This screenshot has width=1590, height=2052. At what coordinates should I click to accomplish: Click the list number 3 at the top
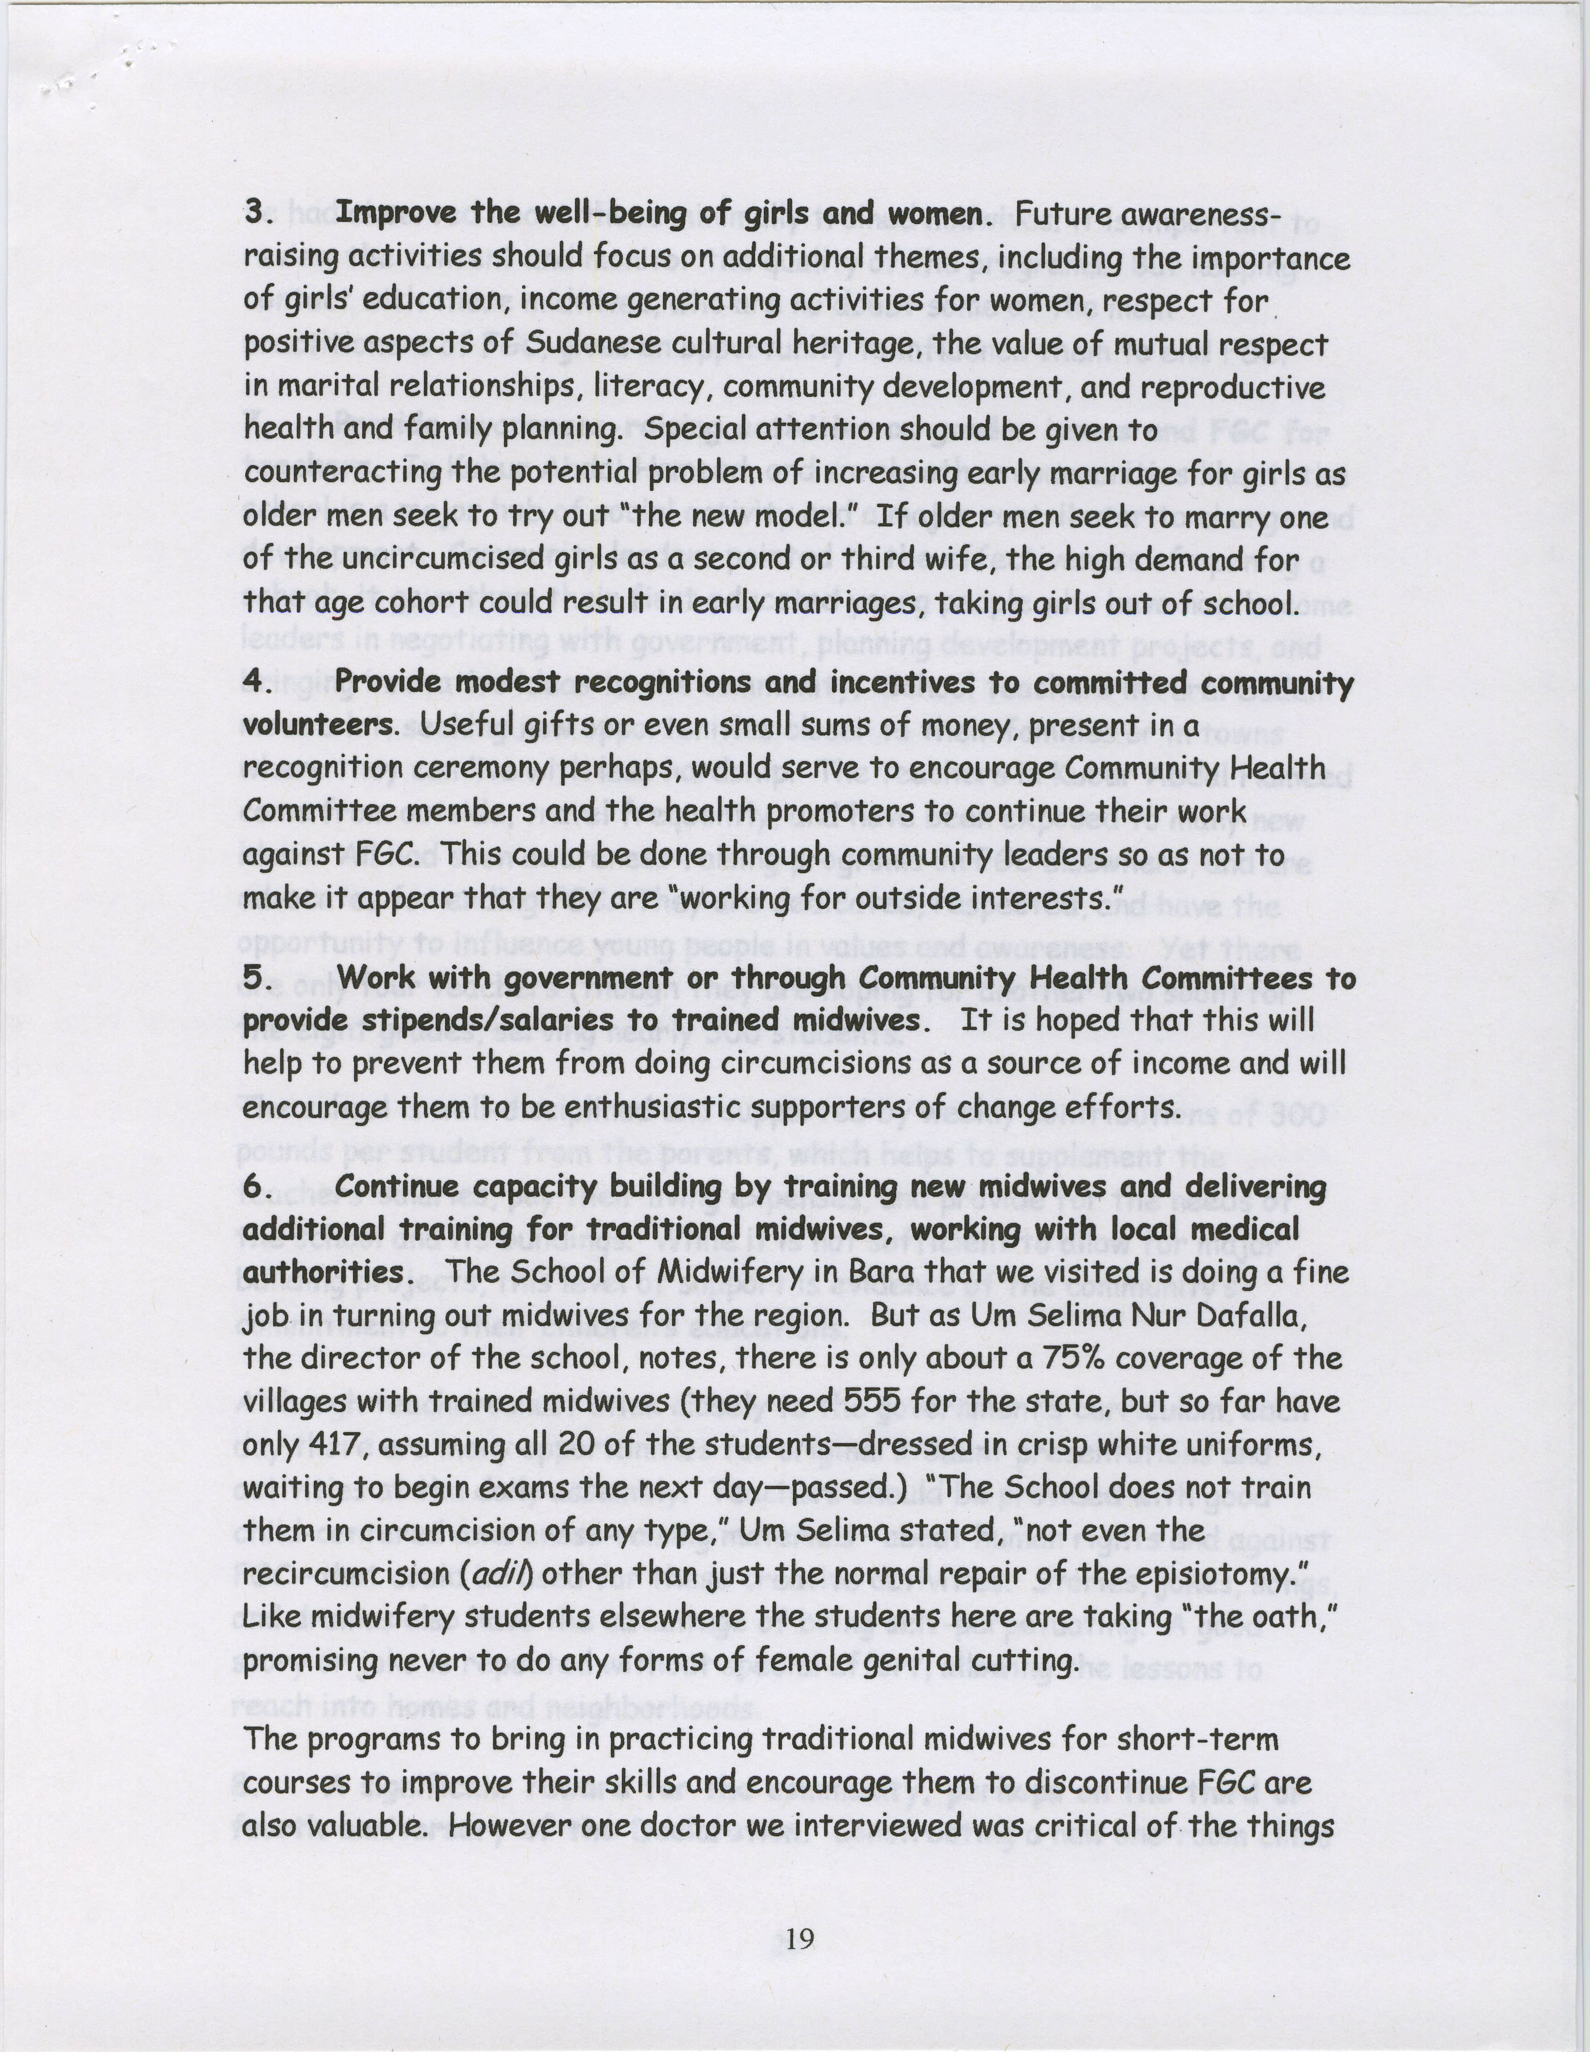pos(254,212)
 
